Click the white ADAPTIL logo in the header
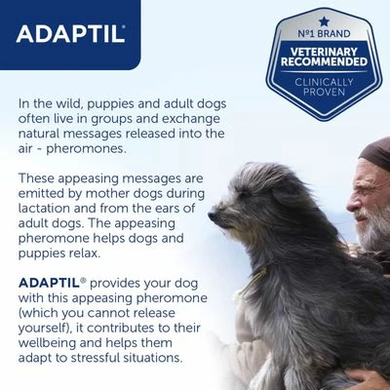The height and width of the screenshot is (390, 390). tap(70, 34)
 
